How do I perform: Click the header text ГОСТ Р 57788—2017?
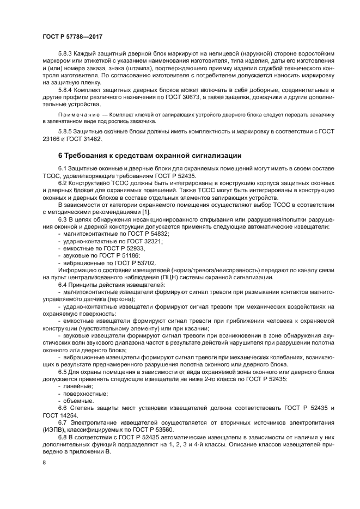[x=73, y=35]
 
